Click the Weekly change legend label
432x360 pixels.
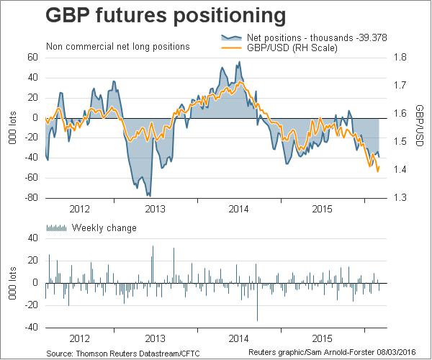click(104, 228)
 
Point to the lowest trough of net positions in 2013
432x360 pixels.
click(149, 195)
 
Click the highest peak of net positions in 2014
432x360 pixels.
click(240, 62)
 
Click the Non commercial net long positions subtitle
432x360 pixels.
click(117, 47)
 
